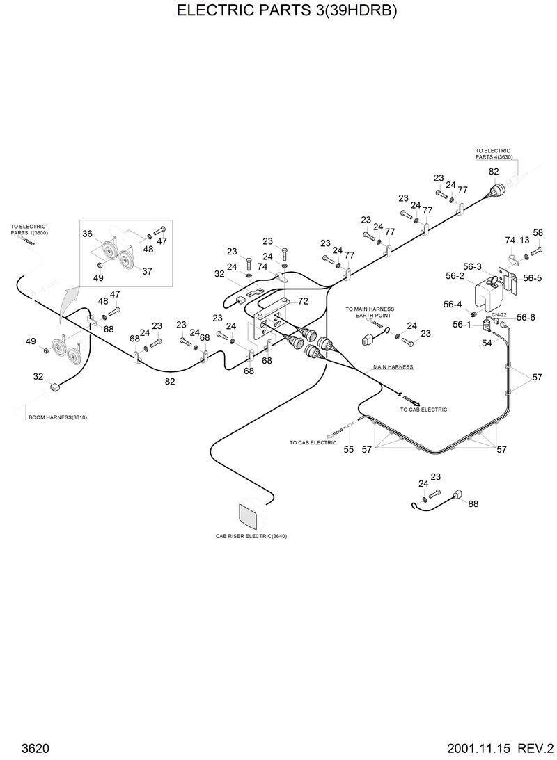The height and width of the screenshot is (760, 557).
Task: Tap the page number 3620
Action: coord(35,748)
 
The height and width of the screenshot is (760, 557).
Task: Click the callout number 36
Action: coord(88,234)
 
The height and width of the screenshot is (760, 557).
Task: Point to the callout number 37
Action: coord(147,271)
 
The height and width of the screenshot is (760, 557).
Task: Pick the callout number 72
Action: coord(303,301)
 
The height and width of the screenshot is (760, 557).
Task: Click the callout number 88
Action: coord(473,503)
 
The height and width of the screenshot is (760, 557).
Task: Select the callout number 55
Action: coord(349,449)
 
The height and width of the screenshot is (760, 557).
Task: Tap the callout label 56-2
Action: coord(455,276)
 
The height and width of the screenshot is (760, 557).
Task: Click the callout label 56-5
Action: coord(533,278)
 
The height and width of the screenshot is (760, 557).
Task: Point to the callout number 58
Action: coord(538,233)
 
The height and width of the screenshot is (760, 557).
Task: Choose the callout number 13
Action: coord(524,240)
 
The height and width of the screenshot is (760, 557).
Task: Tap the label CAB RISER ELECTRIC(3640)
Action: coord(251,536)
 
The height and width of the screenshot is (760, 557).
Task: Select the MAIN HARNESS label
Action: coord(393,366)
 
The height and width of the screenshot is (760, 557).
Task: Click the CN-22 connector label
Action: coord(499,314)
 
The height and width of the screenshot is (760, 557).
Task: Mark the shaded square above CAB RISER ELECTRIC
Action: coord(249,516)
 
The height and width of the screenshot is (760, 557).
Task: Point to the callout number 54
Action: coord(487,343)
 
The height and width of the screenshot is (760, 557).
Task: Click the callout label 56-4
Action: coord(453,304)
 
